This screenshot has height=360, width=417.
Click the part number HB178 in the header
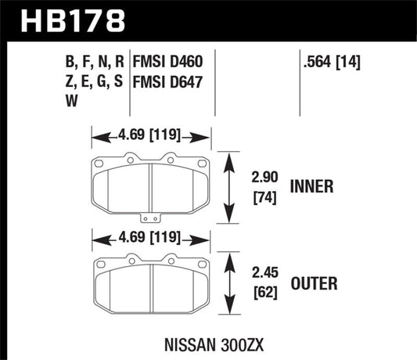tap(68, 20)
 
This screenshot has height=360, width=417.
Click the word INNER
tap(311, 187)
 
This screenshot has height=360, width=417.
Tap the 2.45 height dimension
tap(262, 275)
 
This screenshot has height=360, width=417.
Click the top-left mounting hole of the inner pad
tap(102, 163)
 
